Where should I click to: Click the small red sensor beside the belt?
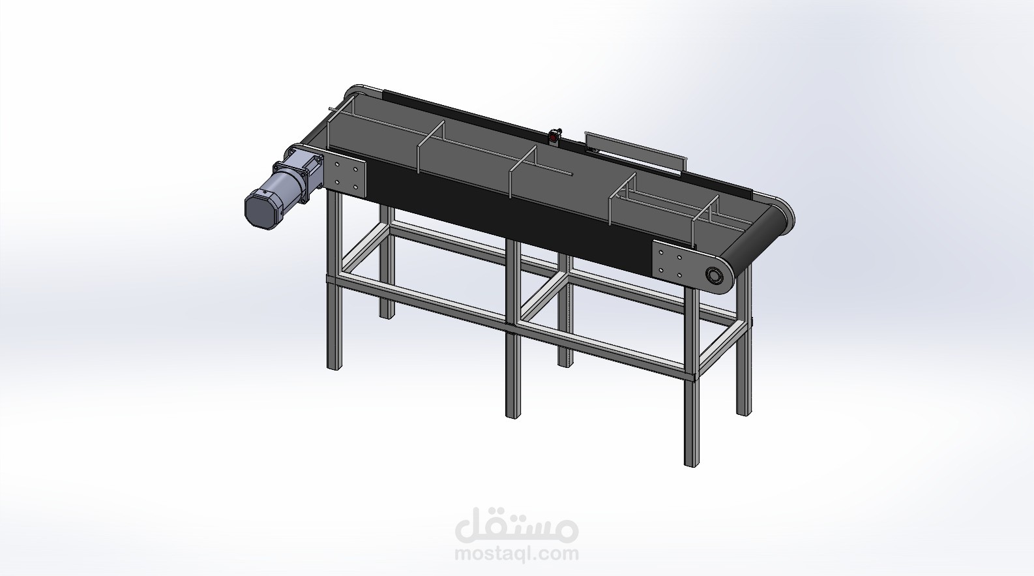554,136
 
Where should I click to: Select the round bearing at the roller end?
715,276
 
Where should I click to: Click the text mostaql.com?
516,553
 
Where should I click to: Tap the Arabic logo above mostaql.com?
516,526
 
